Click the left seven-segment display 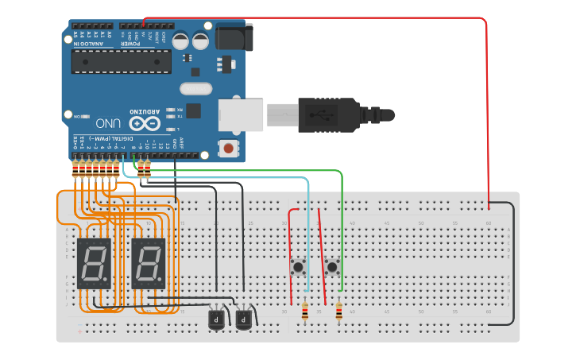coord(93,263)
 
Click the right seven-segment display coord(149,263)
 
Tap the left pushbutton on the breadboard coord(299,267)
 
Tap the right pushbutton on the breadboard coord(333,267)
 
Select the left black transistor coord(216,319)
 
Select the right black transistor coord(243,319)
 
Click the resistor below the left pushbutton coord(305,313)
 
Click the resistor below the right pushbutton coord(339,313)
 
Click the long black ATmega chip coord(121,62)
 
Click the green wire coord(342,230)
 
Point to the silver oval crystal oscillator coord(196,88)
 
